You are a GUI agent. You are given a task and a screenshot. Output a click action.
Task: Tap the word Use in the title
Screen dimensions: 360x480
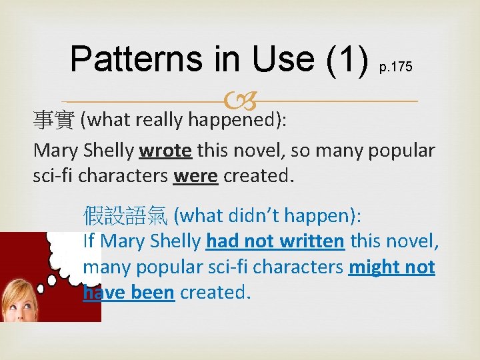point(280,59)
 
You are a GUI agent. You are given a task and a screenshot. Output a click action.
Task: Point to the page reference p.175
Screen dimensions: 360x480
point(395,67)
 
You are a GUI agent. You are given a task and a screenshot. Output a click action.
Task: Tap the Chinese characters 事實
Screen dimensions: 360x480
point(54,121)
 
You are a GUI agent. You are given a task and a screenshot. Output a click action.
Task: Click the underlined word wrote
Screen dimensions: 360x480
point(165,150)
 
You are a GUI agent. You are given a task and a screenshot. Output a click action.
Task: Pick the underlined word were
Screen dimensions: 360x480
point(195,177)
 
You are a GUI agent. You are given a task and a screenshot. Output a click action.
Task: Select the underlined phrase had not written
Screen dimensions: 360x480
point(275,241)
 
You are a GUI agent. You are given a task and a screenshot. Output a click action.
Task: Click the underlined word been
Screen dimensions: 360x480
point(152,293)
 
